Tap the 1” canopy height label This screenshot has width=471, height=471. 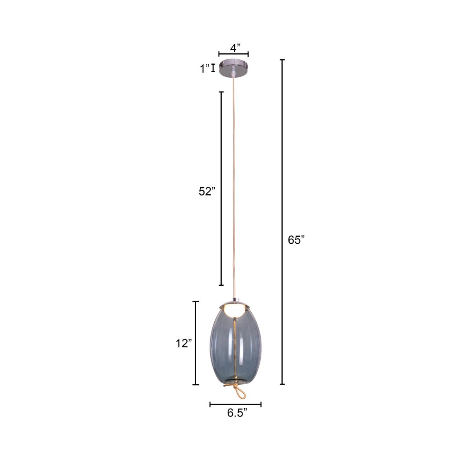(204, 69)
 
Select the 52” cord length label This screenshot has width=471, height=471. (206, 191)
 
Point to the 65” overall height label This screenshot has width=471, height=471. (296, 240)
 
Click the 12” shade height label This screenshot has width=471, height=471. (183, 343)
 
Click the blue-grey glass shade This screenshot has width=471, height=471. (220, 345)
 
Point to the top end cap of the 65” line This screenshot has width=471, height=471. (282, 60)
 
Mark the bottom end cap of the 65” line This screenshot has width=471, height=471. (282, 384)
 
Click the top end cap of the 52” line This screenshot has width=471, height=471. (221, 92)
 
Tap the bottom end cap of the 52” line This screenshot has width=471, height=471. (221, 285)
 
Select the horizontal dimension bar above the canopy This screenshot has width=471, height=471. (234, 55)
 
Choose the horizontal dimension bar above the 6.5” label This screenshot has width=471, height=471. (235, 404)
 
